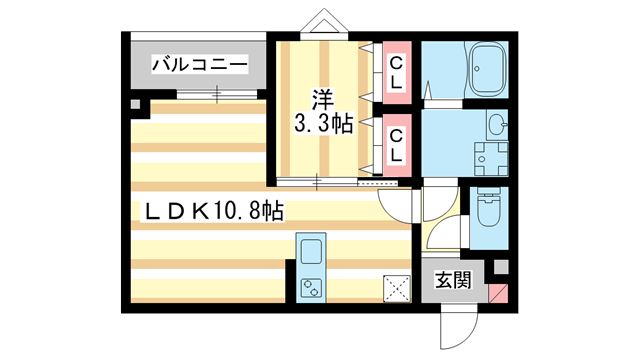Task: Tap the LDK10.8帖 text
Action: [x=214, y=211]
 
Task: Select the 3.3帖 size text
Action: [x=320, y=124]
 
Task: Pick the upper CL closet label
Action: [x=396, y=72]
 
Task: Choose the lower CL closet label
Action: [x=396, y=144]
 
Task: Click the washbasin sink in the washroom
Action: [x=496, y=125]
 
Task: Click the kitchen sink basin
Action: [x=309, y=250]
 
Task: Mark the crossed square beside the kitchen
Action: [x=397, y=289]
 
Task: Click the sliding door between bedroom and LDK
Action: [x=318, y=182]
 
